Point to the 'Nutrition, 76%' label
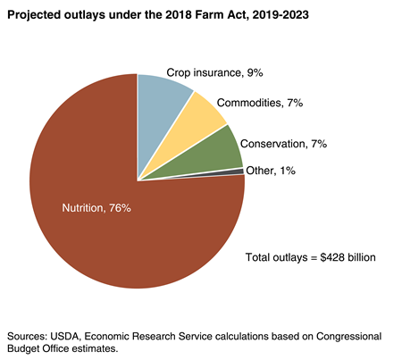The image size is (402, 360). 96,208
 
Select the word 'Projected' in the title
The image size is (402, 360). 37,16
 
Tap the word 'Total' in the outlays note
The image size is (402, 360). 259,257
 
